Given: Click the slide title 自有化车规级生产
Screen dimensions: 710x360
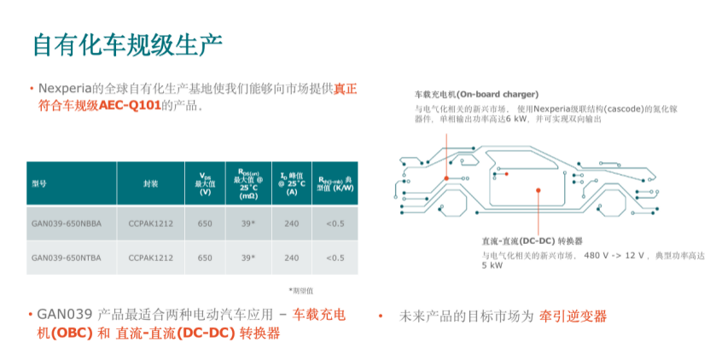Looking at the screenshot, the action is click(x=128, y=45).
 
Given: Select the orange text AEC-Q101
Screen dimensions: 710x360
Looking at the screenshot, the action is click(x=130, y=106).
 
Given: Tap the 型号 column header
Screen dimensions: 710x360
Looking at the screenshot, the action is click(x=39, y=183).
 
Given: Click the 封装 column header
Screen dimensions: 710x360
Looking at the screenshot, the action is click(x=151, y=183).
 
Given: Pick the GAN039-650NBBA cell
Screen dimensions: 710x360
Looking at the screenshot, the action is click(x=67, y=224).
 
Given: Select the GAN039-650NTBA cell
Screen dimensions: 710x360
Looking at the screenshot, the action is click(x=67, y=258).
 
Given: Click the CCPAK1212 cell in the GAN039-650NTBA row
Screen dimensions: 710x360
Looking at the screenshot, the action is click(x=151, y=258).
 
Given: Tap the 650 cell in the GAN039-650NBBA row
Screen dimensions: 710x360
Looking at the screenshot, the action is click(x=205, y=224).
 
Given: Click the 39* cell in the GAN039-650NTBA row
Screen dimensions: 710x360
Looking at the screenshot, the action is click(x=248, y=258).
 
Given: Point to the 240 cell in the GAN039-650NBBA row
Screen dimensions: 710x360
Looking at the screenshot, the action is click(x=292, y=224).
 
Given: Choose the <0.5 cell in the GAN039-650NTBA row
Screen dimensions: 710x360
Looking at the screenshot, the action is click(x=335, y=258).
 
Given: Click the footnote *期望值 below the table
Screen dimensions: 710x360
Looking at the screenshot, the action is click(x=301, y=291).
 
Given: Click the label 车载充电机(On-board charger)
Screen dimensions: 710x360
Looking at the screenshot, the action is click(x=477, y=95).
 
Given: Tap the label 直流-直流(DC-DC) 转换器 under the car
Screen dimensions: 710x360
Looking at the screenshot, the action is click(x=532, y=241).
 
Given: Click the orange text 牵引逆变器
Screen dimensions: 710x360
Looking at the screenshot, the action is click(x=573, y=316).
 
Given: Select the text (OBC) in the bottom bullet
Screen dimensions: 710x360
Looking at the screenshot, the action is click(x=72, y=334).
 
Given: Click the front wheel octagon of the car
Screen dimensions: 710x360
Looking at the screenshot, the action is click(x=611, y=205).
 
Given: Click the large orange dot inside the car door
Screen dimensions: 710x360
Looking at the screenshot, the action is click(x=538, y=190).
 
